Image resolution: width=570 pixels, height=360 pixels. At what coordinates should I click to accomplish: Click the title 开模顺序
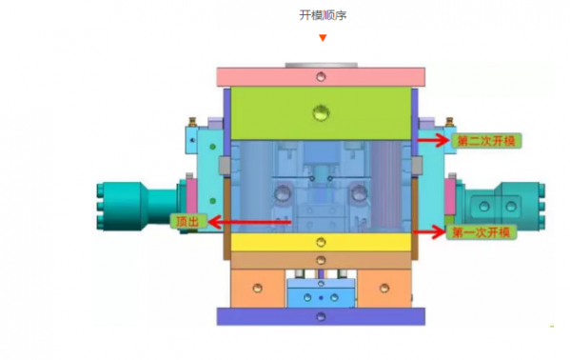tap(323, 15)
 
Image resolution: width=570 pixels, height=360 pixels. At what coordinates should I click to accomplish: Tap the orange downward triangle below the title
tap(323, 38)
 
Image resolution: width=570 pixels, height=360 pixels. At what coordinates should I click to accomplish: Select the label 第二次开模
tap(486, 141)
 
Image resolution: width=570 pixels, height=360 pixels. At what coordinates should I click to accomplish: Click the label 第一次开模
tap(482, 232)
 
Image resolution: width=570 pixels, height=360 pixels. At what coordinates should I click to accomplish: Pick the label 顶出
tap(188, 221)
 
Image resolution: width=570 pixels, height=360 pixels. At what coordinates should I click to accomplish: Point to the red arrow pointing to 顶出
tap(249, 222)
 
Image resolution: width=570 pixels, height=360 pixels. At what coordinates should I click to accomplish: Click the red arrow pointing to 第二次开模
tap(433, 140)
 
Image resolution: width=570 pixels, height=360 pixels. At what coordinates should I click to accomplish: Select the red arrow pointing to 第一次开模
tap(430, 231)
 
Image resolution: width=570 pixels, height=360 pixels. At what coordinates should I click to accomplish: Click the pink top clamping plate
tap(321, 77)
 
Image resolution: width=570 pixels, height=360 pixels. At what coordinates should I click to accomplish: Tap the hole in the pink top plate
tap(321, 77)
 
